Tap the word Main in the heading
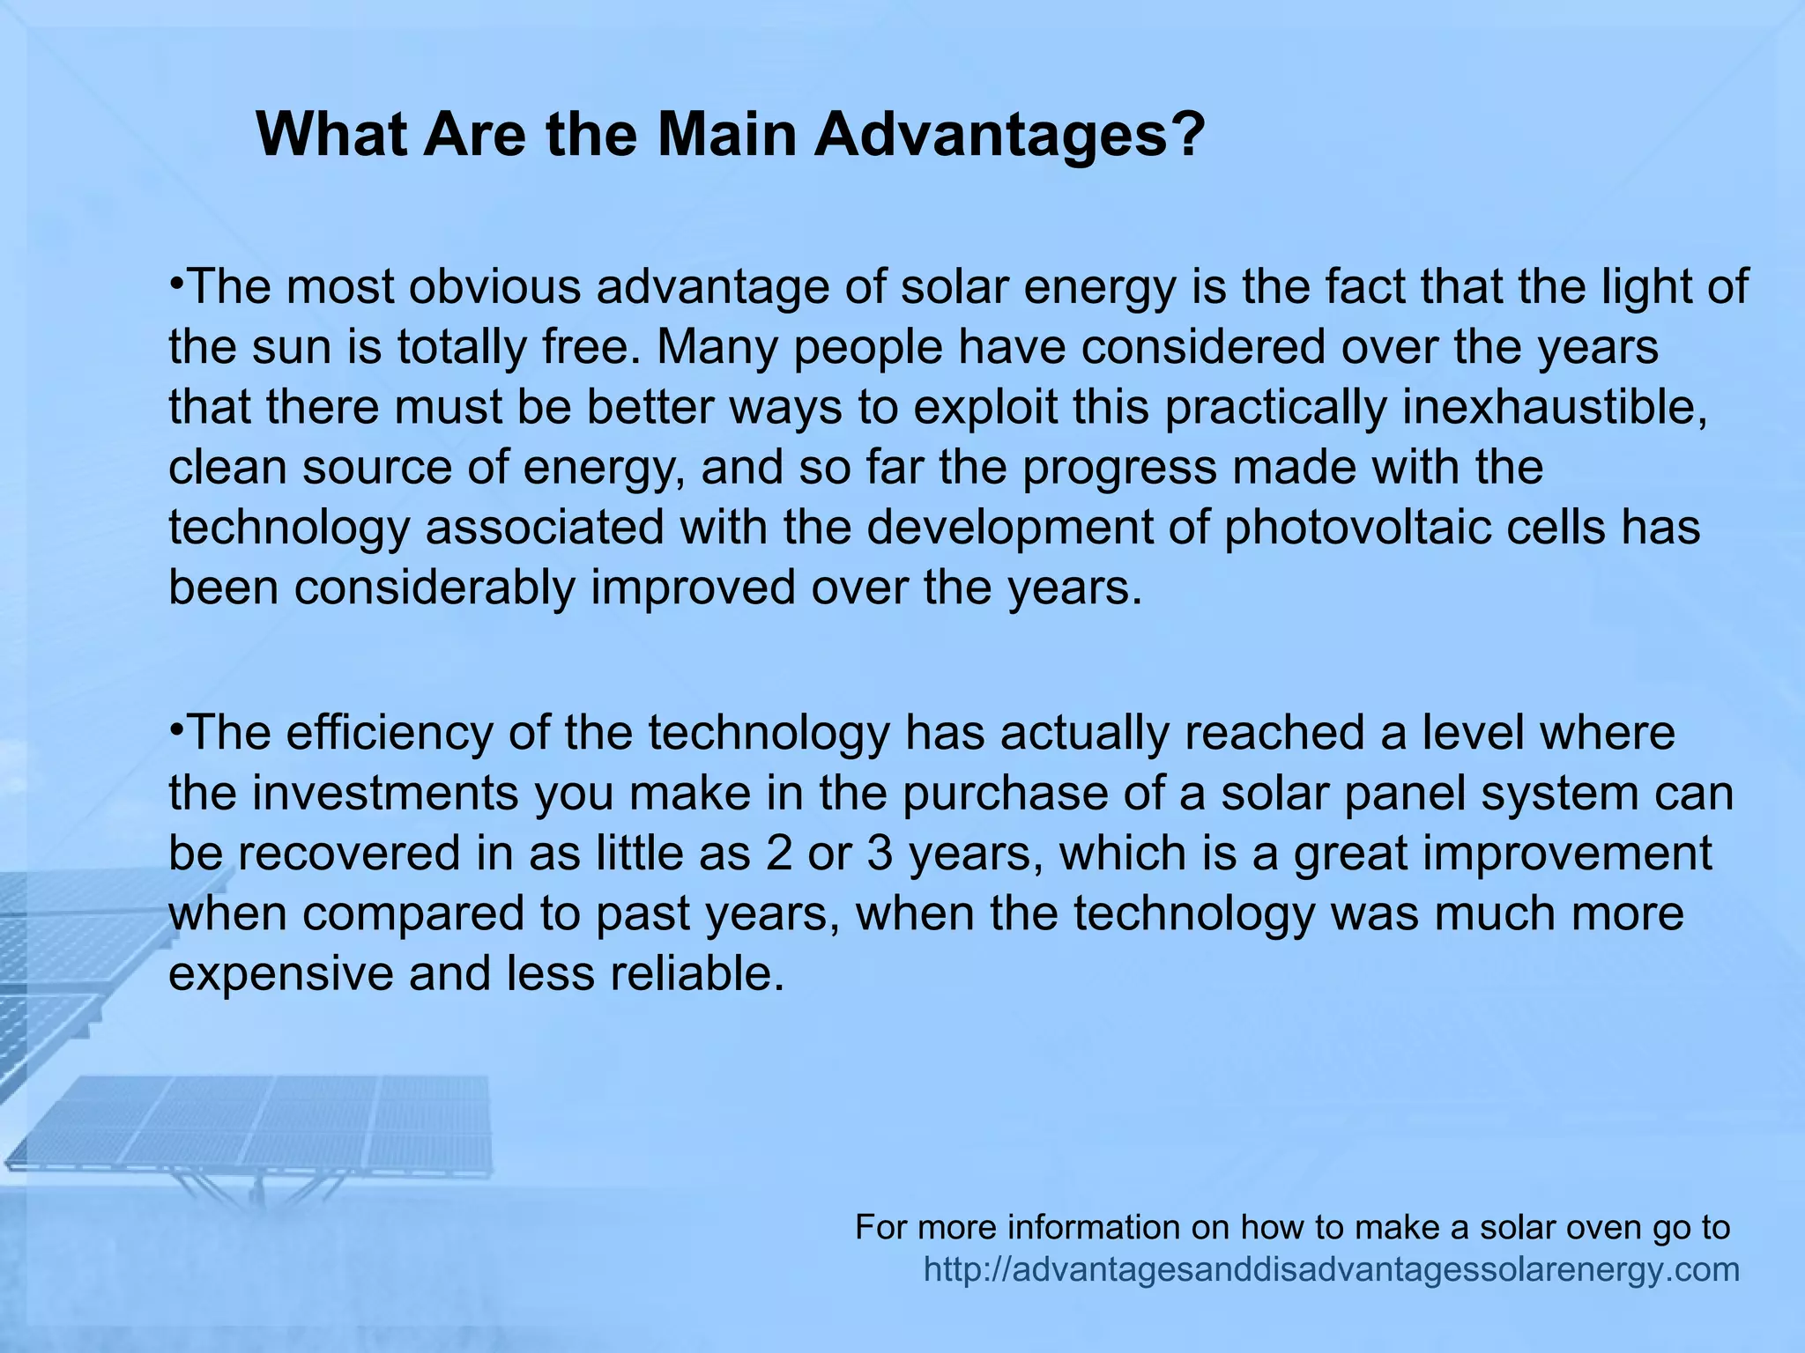click(726, 135)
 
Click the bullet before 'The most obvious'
click(176, 284)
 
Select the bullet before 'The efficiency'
click(176, 729)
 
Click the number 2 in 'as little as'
click(779, 854)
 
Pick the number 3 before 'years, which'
click(880, 854)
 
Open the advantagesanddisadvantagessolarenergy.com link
click(1331, 1270)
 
